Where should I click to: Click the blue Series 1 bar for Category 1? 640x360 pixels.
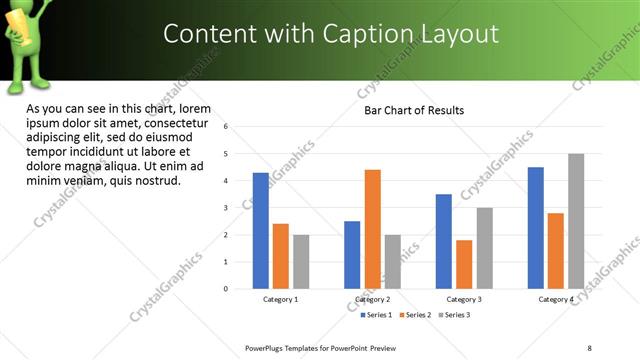tap(260, 231)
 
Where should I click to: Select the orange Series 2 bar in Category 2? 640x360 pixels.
tap(372, 229)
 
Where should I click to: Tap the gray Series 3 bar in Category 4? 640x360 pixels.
tap(576, 221)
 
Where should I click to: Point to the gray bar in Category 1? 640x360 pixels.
tap(301, 262)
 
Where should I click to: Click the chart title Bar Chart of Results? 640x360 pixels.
tap(414, 110)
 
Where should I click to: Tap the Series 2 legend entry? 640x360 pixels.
tap(416, 315)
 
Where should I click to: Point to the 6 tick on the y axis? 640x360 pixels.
tap(227, 127)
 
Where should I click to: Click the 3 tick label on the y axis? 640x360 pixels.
tap(227, 208)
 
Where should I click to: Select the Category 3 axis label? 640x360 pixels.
tap(464, 299)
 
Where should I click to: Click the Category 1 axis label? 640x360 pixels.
tap(280, 299)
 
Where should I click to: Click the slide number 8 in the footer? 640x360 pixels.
tap(589, 349)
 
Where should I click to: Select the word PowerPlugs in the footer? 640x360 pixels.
tap(267, 349)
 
